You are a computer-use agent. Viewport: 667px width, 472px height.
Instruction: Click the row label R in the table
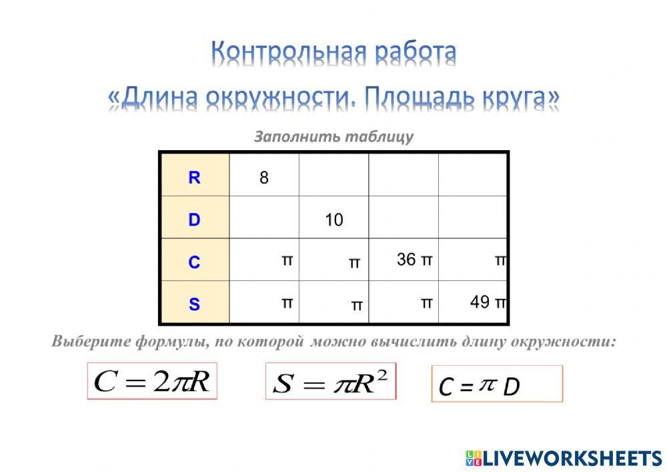(x=194, y=178)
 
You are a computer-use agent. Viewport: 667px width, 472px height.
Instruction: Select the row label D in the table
(x=194, y=220)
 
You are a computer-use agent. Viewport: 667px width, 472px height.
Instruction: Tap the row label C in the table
(x=194, y=262)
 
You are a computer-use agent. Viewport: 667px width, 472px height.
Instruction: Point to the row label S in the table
(x=194, y=304)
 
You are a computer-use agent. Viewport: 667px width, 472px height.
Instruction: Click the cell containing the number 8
(x=264, y=178)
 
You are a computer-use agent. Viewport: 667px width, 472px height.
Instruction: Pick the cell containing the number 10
(x=333, y=220)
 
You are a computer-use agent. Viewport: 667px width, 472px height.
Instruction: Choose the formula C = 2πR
(x=152, y=381)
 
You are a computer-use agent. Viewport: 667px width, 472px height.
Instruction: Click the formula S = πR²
(x=330, y=382)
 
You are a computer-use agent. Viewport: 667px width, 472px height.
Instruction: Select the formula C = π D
(x=497, y=385)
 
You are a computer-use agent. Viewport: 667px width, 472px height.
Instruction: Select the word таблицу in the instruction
(x=378, y=137)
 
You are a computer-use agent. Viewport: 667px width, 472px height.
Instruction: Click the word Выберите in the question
(x=89, y=341)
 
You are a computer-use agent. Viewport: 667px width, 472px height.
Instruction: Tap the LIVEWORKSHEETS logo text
(x=572, y=458)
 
